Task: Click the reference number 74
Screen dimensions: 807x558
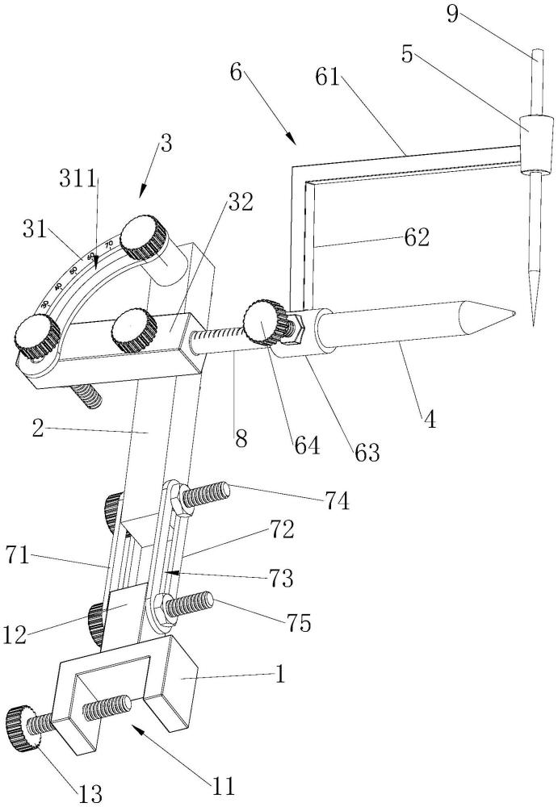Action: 338,502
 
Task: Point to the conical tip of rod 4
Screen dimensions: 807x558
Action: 511,312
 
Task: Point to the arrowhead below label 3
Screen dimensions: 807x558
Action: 142,194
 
